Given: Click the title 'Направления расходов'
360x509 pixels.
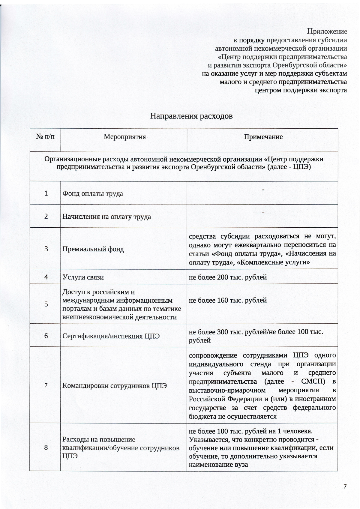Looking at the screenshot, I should (191, 116).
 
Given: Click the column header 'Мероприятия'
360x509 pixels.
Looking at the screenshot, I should (125, 137).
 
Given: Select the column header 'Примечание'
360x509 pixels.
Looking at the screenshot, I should (263, 137).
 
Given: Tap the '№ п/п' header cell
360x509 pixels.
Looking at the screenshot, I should (45, 137).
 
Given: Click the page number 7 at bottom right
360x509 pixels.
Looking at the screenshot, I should (345, 487).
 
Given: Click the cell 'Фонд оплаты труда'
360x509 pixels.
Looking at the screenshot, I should (93, 193).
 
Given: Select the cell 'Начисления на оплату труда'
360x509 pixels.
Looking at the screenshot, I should (106, 217).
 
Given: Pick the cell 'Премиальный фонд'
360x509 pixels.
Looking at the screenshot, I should (93, 249).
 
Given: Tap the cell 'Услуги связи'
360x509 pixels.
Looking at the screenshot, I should (83, 277).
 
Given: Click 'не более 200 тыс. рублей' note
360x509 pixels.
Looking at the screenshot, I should (228, 277).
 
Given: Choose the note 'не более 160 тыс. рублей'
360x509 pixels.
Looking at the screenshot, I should (228, 300).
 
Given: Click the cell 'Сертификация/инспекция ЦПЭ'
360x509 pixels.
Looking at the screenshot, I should (111, 336).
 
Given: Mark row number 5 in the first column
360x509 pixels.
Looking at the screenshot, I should (46, 304).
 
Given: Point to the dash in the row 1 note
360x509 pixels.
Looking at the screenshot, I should (263, 190).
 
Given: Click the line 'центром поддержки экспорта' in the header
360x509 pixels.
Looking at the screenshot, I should (301, 90).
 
